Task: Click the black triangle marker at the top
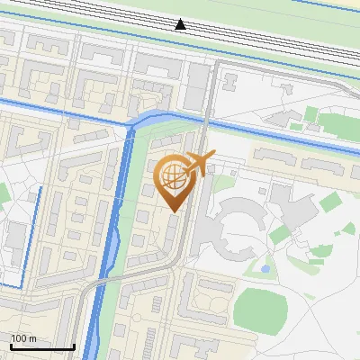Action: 181,24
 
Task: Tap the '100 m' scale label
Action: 23,337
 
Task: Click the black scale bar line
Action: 41,346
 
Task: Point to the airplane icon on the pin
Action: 201,164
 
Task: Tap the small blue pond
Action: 264,267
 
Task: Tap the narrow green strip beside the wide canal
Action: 133,225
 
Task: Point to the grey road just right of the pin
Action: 190,225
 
